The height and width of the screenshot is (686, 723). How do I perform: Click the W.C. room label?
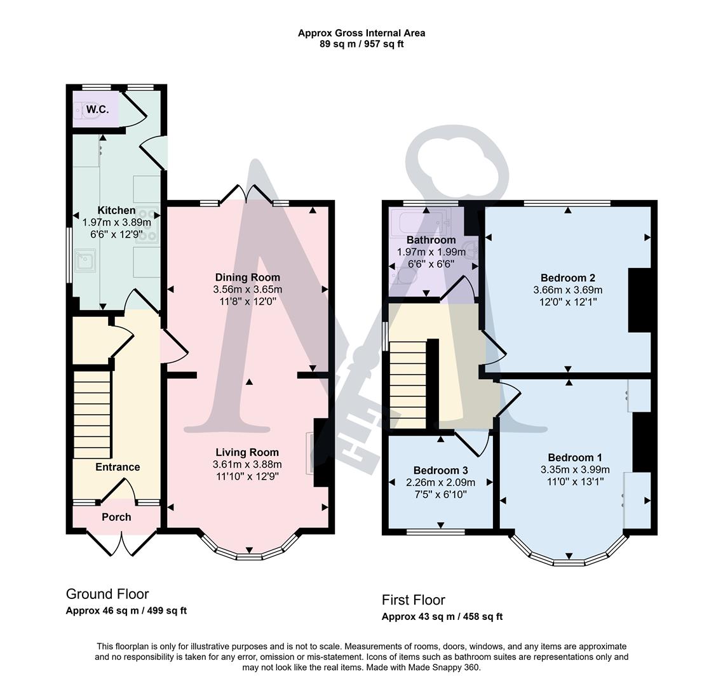pos(98,109)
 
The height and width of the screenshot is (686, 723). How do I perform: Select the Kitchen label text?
pos(116,210)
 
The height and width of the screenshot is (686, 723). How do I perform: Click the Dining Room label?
pos(247,277)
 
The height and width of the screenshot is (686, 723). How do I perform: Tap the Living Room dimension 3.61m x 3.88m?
pos(247,464)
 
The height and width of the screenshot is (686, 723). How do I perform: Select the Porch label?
pos(117,517)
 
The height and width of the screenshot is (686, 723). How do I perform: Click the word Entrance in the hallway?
pos(118,467)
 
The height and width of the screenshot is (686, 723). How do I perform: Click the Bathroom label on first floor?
pos(431,240)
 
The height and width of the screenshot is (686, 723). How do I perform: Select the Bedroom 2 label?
pos(567,278)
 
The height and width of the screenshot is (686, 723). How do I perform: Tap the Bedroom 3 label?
pos(440,470)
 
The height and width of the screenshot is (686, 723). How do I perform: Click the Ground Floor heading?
pos(107,594)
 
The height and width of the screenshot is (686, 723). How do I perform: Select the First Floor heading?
pos(413,600)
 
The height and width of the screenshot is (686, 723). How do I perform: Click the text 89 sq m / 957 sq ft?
pos(361,44)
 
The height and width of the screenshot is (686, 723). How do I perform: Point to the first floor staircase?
pos(407,384)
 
